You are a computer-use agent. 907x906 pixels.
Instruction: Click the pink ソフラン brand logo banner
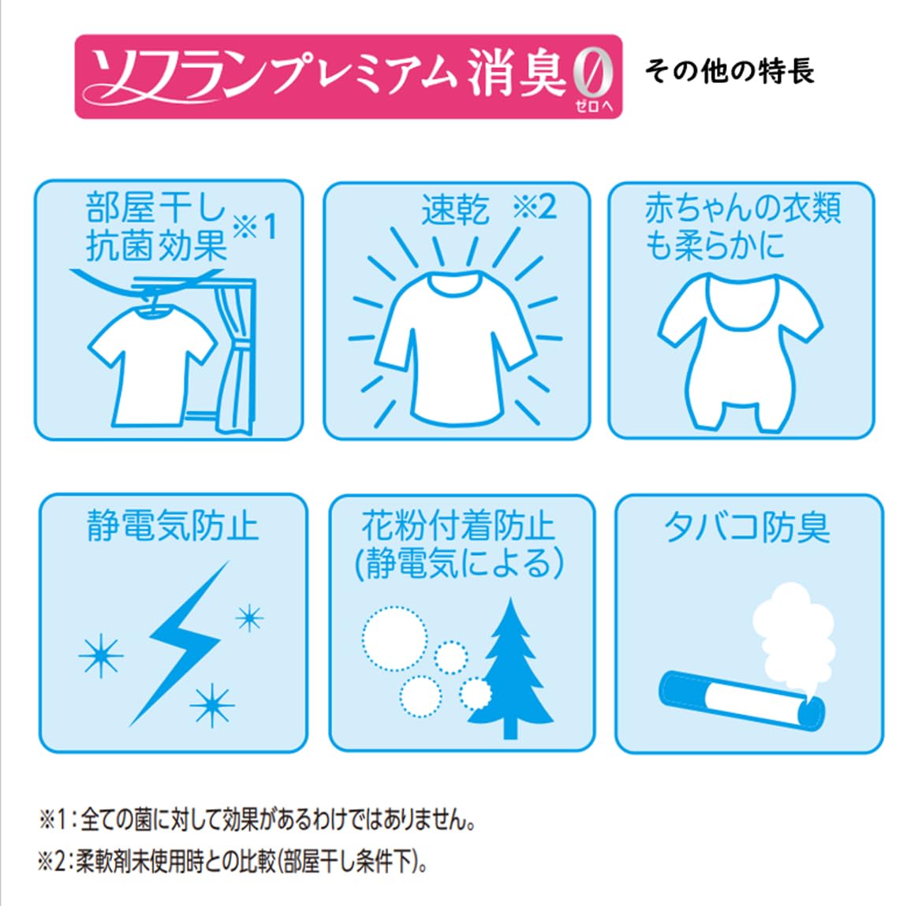pyautogui.click(x=349, y=76)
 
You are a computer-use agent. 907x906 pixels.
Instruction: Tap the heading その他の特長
pyautogui.click(x=730, y=72)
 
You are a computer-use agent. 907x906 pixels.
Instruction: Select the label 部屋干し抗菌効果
pyautogui.click(x=155, y=227)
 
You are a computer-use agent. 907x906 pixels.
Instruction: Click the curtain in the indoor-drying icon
pyautogui.click(x=236, y=359)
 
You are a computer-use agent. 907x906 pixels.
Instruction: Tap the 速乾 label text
pyautogui.click(x=455, y=209)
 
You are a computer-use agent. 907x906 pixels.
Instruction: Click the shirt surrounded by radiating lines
pyautogui.click(x=454, y=347)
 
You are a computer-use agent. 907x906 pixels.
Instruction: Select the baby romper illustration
pyautogui.click(x=740, y=352)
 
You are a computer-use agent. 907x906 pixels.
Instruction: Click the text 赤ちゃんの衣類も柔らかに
pyautogui.click(x=743, y=227)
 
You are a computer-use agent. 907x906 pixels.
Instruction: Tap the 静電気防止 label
pyautogui.click(x=173, y=526)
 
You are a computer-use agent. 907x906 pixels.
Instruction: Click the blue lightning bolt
pyautogui.click(x=179, y=643)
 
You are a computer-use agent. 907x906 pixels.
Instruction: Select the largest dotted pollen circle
pyautogui.click(x=395, y=638)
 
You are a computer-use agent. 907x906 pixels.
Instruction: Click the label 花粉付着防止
pyautogui.click(x=458, y=525)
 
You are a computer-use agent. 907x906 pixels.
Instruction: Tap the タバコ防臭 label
pyautogui.click(x=747, y=527)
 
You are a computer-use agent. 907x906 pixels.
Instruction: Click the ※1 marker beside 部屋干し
pyautogui.click(x=255, y=226)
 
